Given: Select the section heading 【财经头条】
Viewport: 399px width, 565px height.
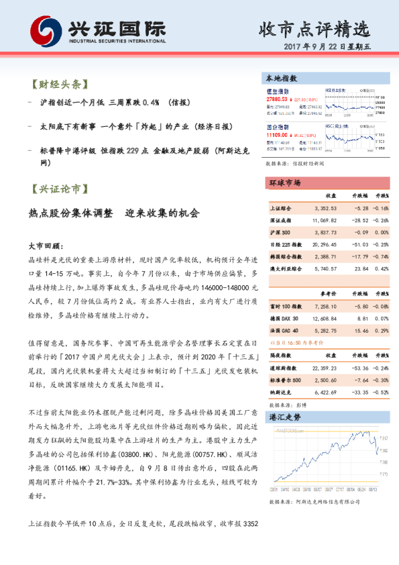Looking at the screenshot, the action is pyautogui.click(x=58, y=85).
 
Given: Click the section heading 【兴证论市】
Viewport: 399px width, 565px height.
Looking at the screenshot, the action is pyautogui.click(x=58, y=189).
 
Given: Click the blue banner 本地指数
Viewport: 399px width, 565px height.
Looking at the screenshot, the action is pyautogui.click(x=282, y=79).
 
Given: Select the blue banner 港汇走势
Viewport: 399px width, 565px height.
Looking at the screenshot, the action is pyautogui.click(x=285, y=417).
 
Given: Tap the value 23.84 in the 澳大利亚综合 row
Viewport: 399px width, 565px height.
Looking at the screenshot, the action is pyautogui.click(x=358, y=268).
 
